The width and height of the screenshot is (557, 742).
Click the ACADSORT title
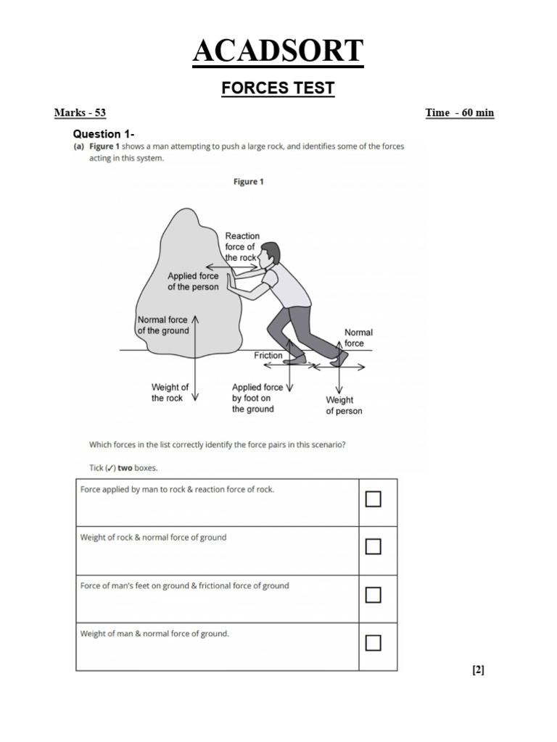[x=278, y=51]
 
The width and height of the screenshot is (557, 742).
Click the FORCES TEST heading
[x=278, y=88]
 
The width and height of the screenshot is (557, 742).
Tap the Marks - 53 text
[x=80, y=112]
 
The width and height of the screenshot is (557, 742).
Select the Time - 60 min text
[x=459, y=112]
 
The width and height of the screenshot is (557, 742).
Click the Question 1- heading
[x=104, y=134]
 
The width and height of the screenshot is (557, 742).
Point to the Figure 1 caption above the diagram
[x=248, y=182]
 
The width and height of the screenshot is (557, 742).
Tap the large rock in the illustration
[x=189, y=284]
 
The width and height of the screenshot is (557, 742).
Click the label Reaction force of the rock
[x=242, y=246]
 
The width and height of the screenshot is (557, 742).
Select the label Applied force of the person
[x=193, y=281]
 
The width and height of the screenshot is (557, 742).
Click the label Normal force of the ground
[x=163, y=325]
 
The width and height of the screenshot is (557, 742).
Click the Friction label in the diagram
[x=268, y=355]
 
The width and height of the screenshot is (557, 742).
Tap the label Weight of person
[x=344, y=406]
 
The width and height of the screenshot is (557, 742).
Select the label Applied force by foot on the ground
[x=257, y=398]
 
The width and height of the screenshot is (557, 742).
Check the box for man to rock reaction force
[x=374, y=499]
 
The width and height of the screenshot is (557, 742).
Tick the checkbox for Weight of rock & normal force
[x=374, y=546]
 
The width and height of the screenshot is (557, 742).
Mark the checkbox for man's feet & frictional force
[x=374, y=595]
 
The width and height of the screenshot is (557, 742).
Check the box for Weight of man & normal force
[x=374, y=643]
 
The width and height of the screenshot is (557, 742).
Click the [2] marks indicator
[x=479, y=670]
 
